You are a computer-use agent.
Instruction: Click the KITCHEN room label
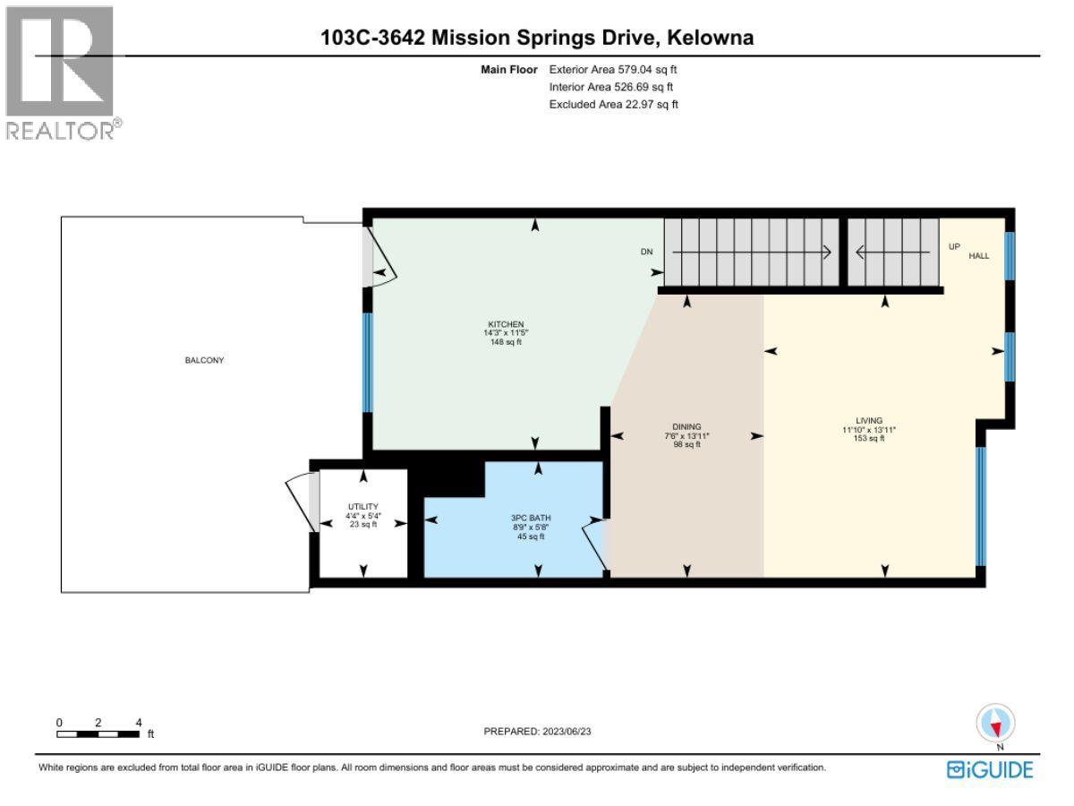(505, 324)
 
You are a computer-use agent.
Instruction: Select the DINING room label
(686, 427)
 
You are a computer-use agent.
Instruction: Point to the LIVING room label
(868, 421)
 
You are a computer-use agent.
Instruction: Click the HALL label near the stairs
(978, 256)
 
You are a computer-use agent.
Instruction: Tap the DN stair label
(647, 253)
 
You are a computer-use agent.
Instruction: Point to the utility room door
(301, 504)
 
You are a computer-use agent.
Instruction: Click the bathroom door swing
(594, 542)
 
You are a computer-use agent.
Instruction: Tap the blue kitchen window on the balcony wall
(367, 362)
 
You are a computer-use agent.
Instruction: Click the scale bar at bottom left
(98, 733)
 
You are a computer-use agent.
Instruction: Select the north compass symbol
(996, 723)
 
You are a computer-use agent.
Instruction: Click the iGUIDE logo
(990, 769)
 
